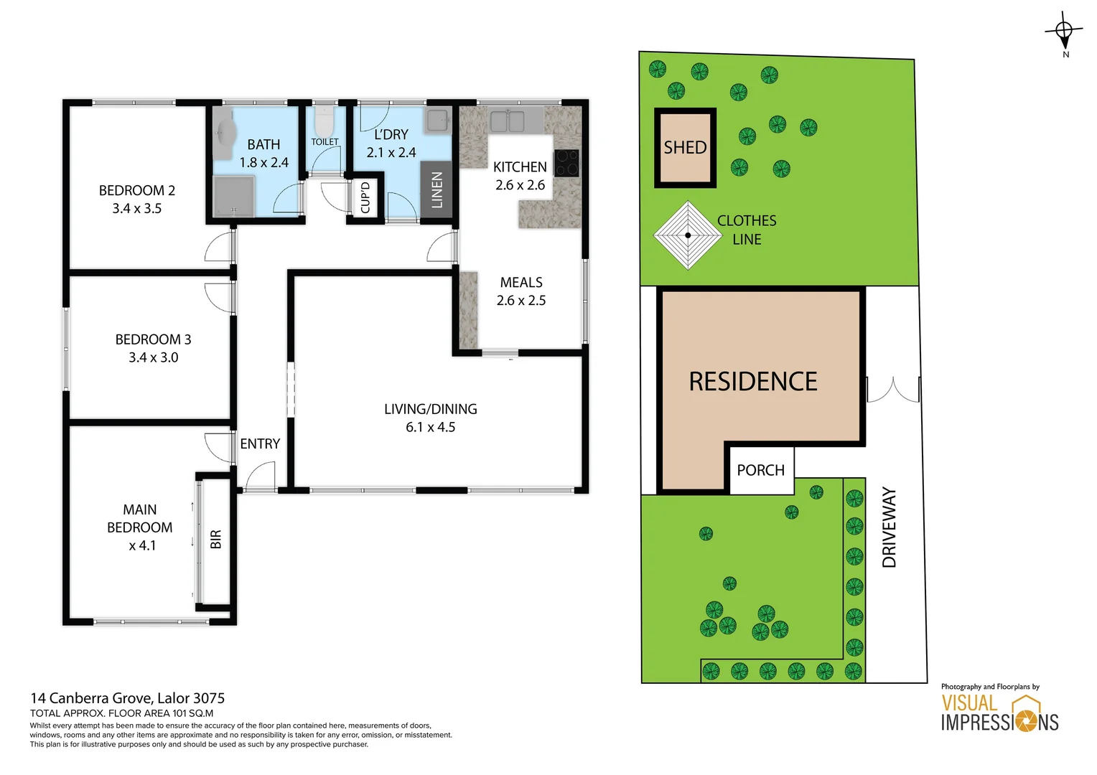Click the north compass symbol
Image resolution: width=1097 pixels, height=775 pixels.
1064,31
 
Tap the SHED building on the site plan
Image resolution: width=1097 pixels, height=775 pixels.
685,148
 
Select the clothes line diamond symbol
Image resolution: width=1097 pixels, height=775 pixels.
688,235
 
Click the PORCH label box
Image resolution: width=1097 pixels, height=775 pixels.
761,470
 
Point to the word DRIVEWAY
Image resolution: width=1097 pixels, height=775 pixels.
890,527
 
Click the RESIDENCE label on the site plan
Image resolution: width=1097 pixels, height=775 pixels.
753,382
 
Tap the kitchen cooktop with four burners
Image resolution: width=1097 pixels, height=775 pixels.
566,163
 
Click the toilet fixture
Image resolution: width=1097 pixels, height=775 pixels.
325,122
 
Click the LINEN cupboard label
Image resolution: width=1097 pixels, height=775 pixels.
437,190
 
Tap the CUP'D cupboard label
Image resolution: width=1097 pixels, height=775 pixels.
365,197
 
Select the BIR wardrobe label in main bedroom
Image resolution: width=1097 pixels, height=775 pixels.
216,539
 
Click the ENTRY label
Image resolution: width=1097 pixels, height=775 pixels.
260,444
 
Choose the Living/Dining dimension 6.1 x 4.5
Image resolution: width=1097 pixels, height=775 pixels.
430,427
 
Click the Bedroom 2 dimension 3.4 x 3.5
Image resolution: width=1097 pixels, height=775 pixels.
136,209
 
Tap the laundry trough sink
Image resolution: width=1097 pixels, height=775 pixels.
438,121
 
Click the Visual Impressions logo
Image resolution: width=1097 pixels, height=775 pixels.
999,713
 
